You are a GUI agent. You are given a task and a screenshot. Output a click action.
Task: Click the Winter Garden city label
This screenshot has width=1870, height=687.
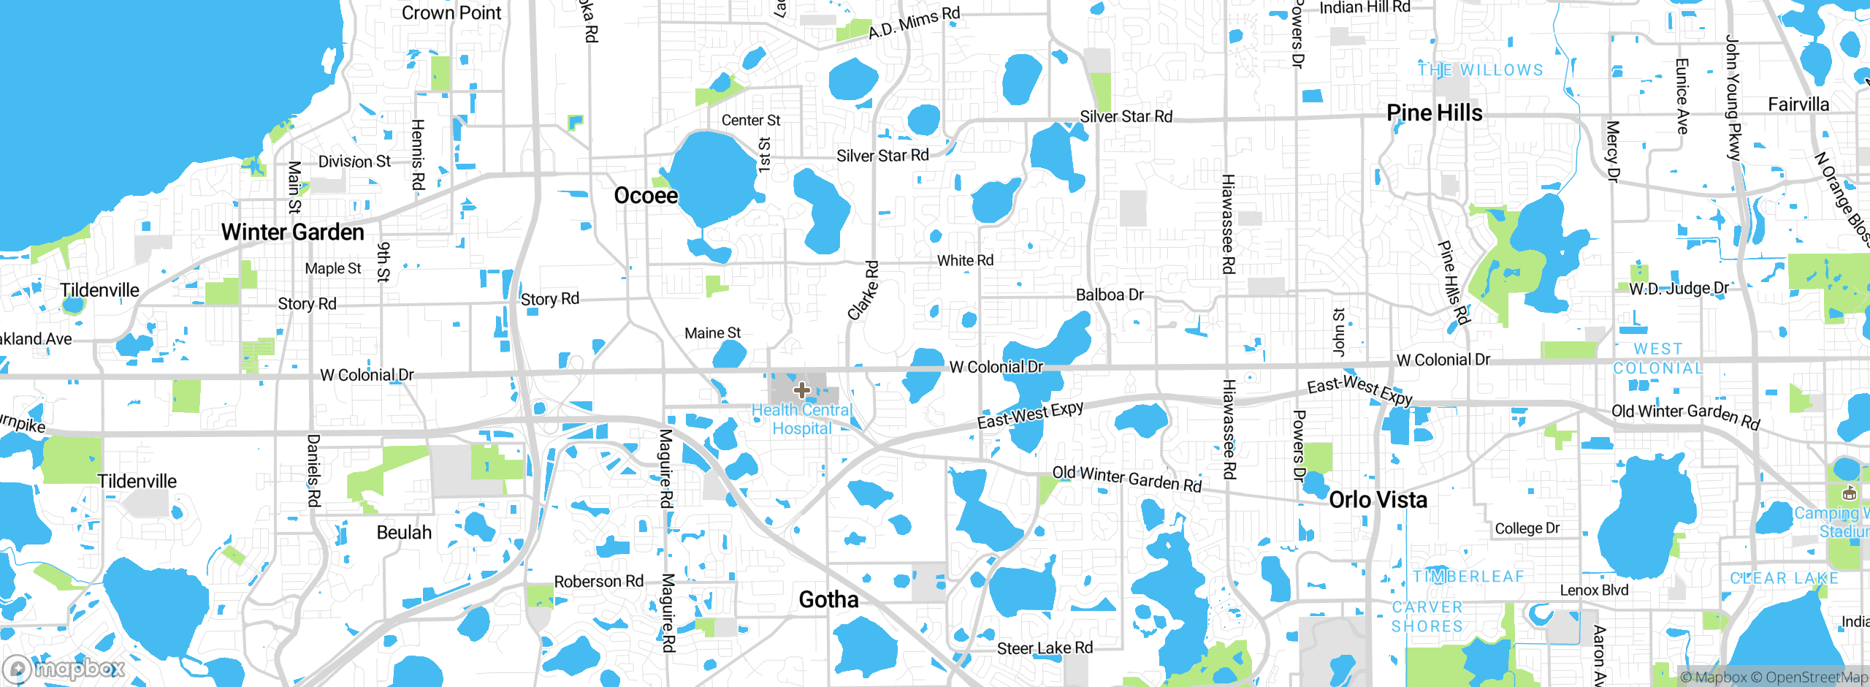click(x=292, y=232)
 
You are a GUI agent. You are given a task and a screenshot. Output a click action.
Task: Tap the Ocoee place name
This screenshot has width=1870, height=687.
click(x=646, y=196)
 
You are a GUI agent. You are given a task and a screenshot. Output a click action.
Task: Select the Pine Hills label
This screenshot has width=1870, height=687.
click(x=1435, y=113)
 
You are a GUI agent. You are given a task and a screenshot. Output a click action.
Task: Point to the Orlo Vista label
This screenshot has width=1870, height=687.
click(x=1378, y=500)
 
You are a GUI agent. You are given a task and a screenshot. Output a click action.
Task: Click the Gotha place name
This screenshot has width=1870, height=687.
click(x=828, y=600)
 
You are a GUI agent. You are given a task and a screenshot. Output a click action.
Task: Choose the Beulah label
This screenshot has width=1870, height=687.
click(x=404, y=533)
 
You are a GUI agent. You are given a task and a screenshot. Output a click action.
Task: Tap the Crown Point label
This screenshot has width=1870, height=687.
click(x=451, y=13)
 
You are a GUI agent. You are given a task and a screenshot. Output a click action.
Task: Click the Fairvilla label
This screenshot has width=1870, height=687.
click(x=1798, y=105)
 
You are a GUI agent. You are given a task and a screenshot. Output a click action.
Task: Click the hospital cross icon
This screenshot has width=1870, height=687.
click(x=801, y=390)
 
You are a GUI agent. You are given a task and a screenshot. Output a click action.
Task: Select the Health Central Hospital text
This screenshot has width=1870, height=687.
click(x=802, y=420)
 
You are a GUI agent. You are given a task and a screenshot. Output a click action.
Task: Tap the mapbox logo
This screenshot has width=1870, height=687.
click(x=64, y=668)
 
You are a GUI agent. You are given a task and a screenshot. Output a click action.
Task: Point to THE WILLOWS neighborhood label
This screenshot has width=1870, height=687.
click(x=1481, y=70)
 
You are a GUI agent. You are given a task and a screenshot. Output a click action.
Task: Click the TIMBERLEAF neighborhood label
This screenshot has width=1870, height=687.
click(x=1468, y=577)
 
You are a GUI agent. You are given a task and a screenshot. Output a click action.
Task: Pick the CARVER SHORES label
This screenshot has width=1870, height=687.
click(x=1427, y=617)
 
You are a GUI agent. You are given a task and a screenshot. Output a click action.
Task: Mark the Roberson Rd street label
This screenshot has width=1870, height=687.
click(x=599, y=582)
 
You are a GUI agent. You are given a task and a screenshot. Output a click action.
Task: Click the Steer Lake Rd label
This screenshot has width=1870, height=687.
click(x=1045, y=648)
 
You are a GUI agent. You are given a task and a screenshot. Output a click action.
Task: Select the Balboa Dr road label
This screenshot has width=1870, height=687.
click(x=1110, y=295)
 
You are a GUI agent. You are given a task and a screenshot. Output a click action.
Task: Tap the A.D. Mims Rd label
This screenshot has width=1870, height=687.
click(x=914, y=23)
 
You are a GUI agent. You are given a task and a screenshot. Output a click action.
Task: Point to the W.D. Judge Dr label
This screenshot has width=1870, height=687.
click(x=1679, y=289)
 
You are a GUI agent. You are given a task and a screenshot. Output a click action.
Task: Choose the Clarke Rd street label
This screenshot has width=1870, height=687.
click(x=864, y=290)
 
